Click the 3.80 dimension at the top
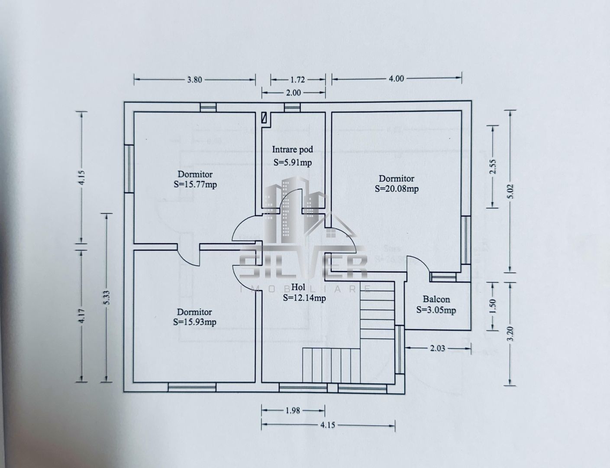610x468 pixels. [194, 79]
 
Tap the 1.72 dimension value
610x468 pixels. [298, 79]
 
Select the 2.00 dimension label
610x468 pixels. [294, 92]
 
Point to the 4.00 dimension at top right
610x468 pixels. [396, 78]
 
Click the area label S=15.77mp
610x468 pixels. [195, 185]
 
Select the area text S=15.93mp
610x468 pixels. [194, 322]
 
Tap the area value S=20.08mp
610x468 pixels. [397, 188]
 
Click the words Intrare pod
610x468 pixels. [292, 150]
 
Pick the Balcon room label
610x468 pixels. [436, 299]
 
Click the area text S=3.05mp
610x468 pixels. [436, 310]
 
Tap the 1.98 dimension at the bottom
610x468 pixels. [293, 410]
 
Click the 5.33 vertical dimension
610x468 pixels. [107, 297]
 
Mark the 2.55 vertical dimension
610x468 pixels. [492, 166]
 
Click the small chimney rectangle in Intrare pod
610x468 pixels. [264, 118]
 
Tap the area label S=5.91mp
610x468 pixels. [293, 163]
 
